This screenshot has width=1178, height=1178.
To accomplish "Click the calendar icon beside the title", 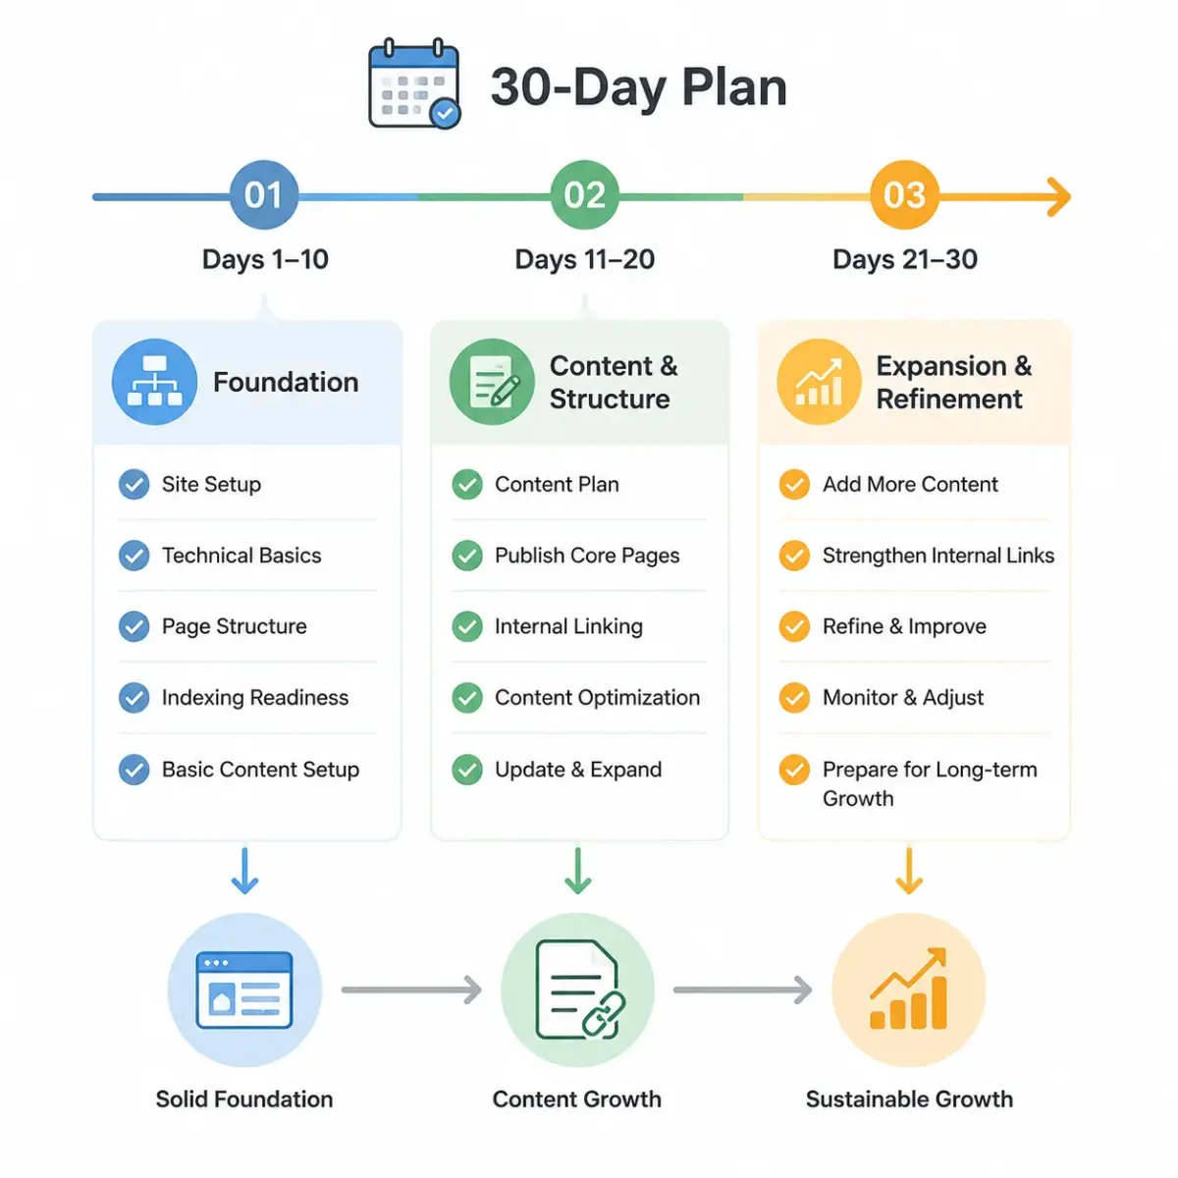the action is click(414, 83).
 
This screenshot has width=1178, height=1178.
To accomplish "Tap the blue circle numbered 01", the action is click(263, 195).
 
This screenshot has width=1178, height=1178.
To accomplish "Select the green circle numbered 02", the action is click(584, 195).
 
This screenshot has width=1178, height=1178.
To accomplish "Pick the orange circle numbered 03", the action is click(904, 195).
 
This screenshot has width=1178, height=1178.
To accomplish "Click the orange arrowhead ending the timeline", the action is click(1059, 197).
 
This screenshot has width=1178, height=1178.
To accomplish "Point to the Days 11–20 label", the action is click(584, 259).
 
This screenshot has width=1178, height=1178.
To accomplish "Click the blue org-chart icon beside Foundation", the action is click(155, 382).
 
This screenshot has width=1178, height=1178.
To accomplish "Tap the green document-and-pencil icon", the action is click(492, 382).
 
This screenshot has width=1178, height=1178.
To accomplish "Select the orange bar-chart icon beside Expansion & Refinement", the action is click(819, 382).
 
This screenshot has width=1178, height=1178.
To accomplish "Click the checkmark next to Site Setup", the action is click(134, 485).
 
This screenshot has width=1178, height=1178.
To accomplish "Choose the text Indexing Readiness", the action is click(255, 698).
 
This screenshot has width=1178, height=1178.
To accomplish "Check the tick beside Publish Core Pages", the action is click(467, 556).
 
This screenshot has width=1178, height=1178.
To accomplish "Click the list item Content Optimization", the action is click(597, 698).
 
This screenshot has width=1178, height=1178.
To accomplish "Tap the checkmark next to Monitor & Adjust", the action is click(794, 698).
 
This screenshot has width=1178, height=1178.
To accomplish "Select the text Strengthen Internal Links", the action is click(938, 556).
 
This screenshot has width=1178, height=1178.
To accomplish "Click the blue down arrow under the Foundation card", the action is click(244, 871).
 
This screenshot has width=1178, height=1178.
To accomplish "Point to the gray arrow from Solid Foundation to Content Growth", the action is click(411, 990).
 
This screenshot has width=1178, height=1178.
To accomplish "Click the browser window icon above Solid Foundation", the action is click(244, 990).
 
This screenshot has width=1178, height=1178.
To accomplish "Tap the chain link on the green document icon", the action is click(603, 1016).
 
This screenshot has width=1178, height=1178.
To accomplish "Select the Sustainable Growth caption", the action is click(909, 1099).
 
